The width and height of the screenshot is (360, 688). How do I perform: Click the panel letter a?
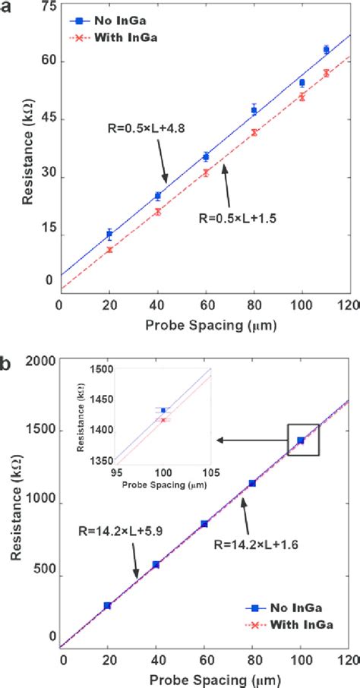pyautogui.click(x=5, y=7)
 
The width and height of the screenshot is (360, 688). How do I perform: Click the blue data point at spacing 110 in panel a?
pyautogui.click(x=326, y=49)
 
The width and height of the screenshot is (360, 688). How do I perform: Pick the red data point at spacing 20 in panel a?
pyautogui.click(x=109, y=249)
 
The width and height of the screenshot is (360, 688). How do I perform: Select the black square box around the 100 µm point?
pyautogui.click(x=303, y=440)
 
